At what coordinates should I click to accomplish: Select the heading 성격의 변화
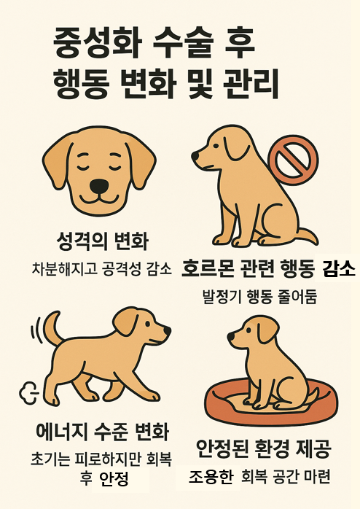pyautogui.click(x=102, y=241)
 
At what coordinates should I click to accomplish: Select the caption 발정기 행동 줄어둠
pyautogui.click(x=260, y=296)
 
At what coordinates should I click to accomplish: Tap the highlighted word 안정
pyautogui.click(x=114, y=479)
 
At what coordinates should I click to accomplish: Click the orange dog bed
pyautogui.click(x=271, y=405)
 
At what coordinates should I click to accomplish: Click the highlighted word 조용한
pyautogui.click(x=211, y=477)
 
